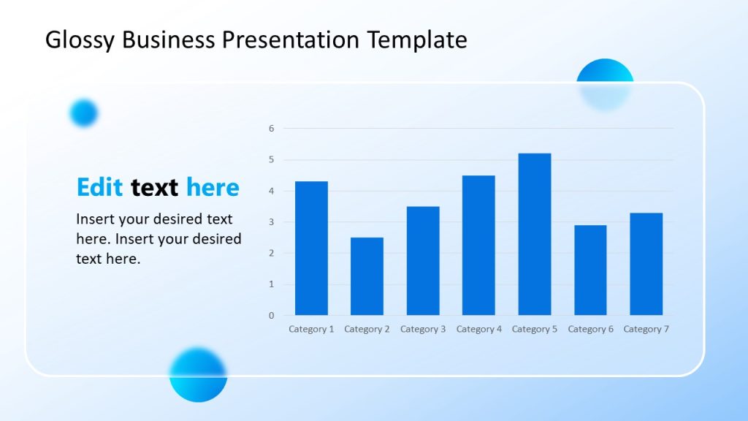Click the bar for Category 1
pos(311,249)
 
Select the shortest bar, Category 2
pos(367,276)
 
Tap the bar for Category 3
pos(423,261)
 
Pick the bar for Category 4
pos(478,246)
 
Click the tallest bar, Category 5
pos(535,234)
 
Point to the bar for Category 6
pos(590,270)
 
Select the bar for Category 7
pos(646,264)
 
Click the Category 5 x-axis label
pos(535,329)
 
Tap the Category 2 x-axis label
pos(367,329)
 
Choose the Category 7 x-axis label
pos(646,329)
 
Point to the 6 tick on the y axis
pos(271,129)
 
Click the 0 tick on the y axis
pos(271,316)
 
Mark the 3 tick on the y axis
pos(271,222)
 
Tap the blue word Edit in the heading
pos(100,188)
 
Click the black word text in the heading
pos(155,188)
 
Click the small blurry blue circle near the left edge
pos(83,113)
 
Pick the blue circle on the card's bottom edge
pos(198,374)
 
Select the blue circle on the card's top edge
pos(605,84)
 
